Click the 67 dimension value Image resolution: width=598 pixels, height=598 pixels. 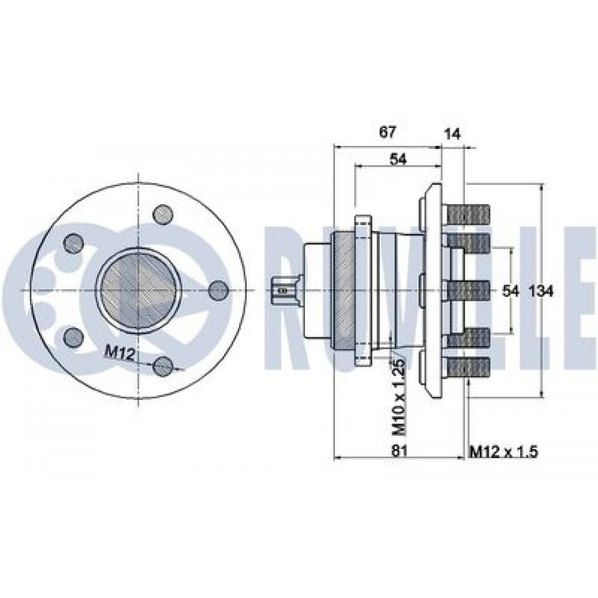point(387,132)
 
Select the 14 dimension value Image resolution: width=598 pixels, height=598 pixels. point(453,134)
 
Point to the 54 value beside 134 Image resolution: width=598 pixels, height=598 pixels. point(510,291)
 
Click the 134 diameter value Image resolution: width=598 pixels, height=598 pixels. point(541,291)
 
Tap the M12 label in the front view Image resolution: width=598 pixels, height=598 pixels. point(118,353)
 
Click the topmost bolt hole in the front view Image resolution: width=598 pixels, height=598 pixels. point(163,213)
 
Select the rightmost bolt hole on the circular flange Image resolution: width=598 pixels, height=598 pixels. point(219,290)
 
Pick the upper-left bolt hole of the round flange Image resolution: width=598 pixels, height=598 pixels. point(73,242)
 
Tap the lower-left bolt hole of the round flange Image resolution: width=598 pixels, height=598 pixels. point(73,337)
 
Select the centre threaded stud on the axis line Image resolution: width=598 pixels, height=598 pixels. point(468,290)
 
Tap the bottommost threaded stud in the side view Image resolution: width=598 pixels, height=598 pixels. point(468,366)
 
